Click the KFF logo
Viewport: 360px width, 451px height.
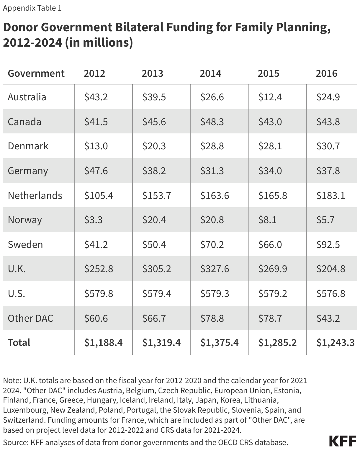pos(343,441)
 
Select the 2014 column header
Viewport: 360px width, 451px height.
pos(210,73)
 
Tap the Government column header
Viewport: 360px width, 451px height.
pos(36,73)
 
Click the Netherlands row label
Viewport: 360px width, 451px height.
pos(35,195)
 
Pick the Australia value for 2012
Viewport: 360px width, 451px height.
pos(96,97)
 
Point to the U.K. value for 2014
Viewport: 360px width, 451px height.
pos(215,269)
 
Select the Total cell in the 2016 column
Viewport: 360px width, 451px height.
pos(335,342)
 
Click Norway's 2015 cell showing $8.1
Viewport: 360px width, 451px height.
pos(267,220)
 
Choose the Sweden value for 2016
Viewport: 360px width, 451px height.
pos(328,244)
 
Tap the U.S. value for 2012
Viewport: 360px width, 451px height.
pos(99,293)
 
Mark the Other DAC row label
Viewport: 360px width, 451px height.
pos(30,318)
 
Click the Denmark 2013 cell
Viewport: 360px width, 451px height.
pos(154,146)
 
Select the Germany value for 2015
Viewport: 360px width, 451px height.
pos(270,171)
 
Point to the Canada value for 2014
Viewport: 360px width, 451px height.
pos(212,122)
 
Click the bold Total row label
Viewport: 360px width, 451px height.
pos(19,342)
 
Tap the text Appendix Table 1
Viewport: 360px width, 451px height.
pos(32,8)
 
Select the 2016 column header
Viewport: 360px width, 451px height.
pos(326,73)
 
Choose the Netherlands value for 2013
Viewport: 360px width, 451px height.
pos(156,195)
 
